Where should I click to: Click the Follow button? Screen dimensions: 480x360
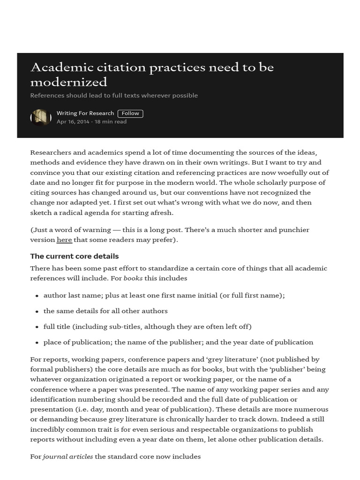click(130, 113)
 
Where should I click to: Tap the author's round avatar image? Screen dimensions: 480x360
click(41, 117)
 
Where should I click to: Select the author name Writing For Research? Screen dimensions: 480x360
click(85, 113)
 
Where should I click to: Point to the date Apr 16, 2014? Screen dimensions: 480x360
click(73, 122)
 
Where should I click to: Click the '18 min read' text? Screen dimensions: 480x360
click(111, 122)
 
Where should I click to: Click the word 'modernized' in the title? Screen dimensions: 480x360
click(68, 82)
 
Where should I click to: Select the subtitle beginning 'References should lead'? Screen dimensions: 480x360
click(114, 96)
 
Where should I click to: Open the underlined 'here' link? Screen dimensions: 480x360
click(64, 240)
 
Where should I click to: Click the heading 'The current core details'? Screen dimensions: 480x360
click(75, 256)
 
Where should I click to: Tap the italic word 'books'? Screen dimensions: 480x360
click(133, 278)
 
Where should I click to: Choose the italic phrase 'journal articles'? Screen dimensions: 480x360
click(67, 457)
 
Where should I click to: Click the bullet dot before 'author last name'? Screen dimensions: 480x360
click(37, 296)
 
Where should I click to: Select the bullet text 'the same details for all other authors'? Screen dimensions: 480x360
click(105, 311)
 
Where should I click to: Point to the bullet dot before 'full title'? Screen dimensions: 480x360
click(37, 327)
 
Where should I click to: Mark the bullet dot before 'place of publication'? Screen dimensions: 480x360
click(37, 343)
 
